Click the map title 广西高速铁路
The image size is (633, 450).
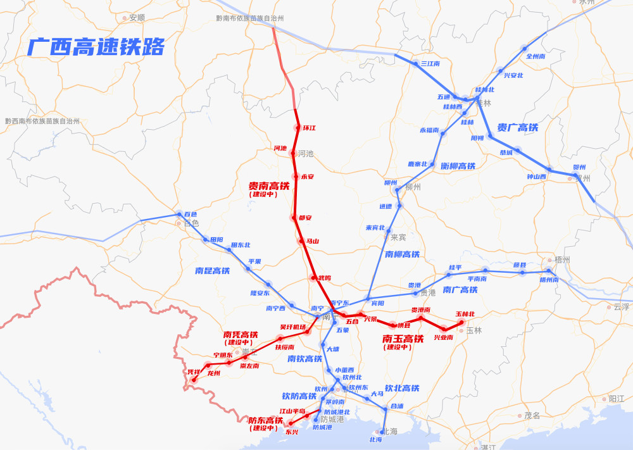pos(96,47)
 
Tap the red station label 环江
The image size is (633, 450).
pos(309,128)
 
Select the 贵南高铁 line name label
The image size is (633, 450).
pos(268,186)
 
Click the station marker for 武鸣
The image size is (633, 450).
pos(313,278)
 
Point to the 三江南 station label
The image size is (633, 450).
pos(430,63)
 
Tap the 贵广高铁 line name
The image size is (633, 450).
pos(518,128)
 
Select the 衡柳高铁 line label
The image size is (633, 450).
pos(458,166)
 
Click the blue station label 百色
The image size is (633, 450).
pos(191,215)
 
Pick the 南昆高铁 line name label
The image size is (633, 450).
pos(212,271)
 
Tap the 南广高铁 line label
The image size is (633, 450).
pos(460,290)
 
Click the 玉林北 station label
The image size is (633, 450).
pos(465,314)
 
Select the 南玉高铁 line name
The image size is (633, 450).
pos(403,339)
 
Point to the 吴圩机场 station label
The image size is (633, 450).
pos(292,327)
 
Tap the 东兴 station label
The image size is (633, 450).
pos(292,432)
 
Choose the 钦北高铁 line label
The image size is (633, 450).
pos(402,388)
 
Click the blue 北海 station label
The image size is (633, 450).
pos(375,439)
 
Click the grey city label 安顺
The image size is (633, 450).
pos(137,18)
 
